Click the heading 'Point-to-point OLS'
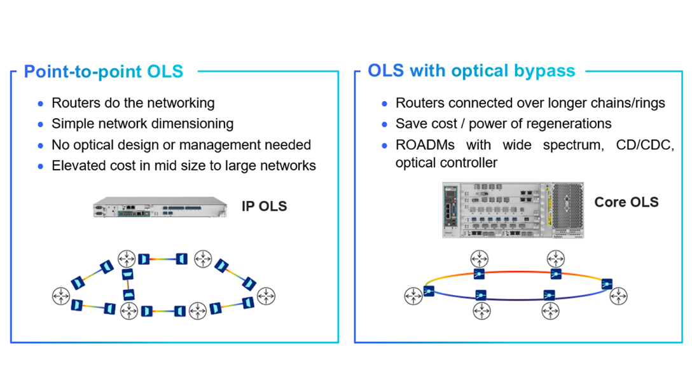click(103, 71)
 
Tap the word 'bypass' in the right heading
click(544, 71)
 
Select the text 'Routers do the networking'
click(133, 103)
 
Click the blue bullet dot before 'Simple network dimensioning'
click(41, 125)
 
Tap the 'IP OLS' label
click(264, 206)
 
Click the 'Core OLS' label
click(626, 202)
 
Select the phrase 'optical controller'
click(446, 163)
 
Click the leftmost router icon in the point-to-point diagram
click(61, 296)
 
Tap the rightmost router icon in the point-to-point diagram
click(266, 296)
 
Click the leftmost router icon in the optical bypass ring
click(413, 296)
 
